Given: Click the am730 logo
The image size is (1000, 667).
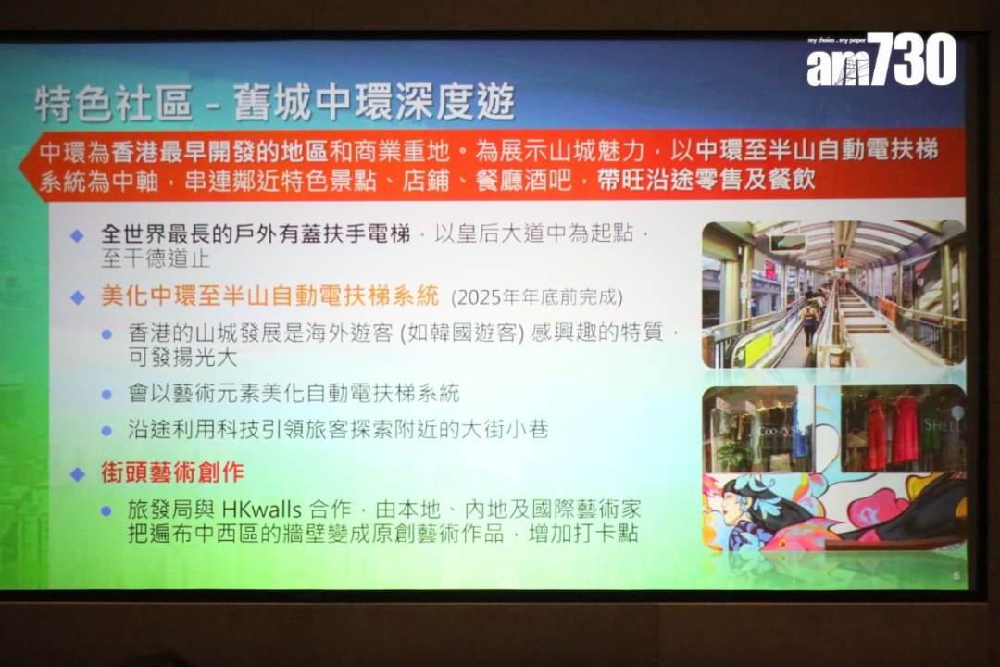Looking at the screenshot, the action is point(881,59).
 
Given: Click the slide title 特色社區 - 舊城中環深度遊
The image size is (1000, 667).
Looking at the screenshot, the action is point(275,102).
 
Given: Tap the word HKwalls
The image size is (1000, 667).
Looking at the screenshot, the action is point(261,510).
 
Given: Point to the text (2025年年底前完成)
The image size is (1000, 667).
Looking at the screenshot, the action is point(537,297).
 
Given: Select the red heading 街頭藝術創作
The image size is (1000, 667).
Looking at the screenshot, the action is point(173,472).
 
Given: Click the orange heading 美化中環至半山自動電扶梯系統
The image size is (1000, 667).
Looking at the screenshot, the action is point(270,296).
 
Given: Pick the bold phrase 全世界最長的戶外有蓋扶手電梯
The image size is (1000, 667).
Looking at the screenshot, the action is point(256,234).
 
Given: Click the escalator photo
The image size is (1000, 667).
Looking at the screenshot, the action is point(833,295).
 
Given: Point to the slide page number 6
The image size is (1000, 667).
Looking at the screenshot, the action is point(956,575).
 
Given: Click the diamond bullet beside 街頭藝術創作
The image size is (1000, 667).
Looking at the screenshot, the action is point(78,473).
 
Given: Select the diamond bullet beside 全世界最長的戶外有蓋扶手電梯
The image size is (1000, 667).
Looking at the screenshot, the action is point(77,236).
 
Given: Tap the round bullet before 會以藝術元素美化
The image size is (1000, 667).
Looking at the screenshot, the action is point(106,395).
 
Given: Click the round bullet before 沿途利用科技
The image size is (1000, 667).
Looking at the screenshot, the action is point(106,431).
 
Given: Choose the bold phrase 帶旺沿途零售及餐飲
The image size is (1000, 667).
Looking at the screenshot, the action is point(706,181).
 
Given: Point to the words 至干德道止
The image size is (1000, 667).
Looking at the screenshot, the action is point(156,258).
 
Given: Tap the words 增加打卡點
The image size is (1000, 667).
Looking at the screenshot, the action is point(583,534).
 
